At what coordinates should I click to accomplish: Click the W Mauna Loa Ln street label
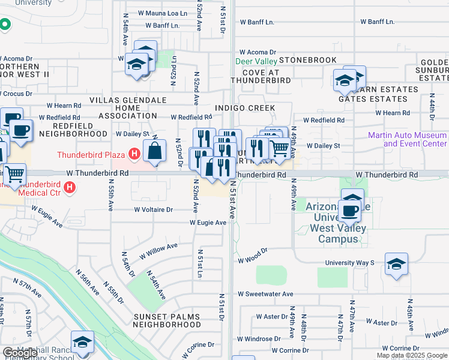coord(162,13)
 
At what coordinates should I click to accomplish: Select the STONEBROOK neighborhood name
coord(307,61)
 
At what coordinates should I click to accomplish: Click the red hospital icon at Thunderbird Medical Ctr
coord(70,188)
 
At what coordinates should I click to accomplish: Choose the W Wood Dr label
coord(252,259)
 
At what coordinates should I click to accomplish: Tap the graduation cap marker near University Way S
coord(396,264)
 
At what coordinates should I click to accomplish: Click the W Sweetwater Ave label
coord(265,294)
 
